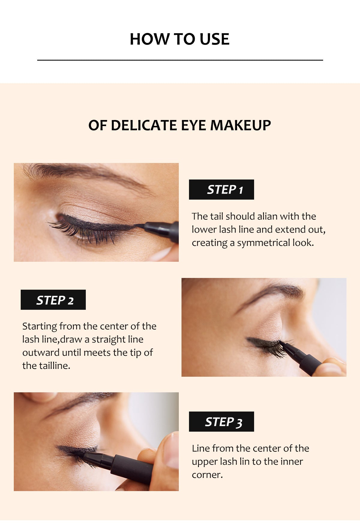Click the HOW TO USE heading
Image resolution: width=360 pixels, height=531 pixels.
[x=179, y=39]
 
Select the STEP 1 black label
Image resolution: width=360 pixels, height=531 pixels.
[x=221, y=189]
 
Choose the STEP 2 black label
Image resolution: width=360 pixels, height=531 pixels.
[x=53, y=300]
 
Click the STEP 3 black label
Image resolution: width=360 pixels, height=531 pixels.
[x=221, y=421]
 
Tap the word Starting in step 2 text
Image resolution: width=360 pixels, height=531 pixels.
[x=40, y=326]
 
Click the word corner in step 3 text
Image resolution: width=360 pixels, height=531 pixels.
[x=207, y=475]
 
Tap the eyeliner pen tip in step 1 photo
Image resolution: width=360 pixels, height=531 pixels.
[x=141, y=225]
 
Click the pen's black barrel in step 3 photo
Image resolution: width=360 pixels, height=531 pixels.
[x=132, y=468]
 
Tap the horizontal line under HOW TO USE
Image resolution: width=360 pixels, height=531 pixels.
[x=180, y=60]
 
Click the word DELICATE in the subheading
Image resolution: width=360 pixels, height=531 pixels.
[x=143, y=125]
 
